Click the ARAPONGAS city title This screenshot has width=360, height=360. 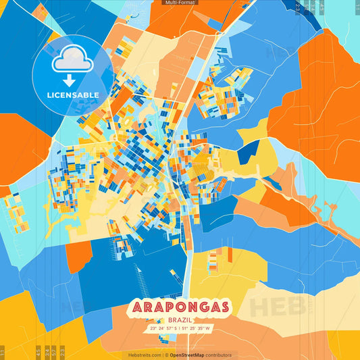point(180,307)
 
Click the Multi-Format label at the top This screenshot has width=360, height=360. point(180,3)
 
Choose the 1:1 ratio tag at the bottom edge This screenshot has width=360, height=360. point(3,351)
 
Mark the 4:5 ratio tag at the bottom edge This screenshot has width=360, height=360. point(37,351)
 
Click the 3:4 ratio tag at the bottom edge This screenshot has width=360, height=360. point(46,351)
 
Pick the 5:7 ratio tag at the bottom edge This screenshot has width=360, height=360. point(55,351)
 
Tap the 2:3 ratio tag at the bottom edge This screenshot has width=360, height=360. point(63,351)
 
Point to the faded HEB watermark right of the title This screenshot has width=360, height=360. point(278,305)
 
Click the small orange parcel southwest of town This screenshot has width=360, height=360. point(78,253)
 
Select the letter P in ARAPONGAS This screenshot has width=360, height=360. point(166,307)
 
